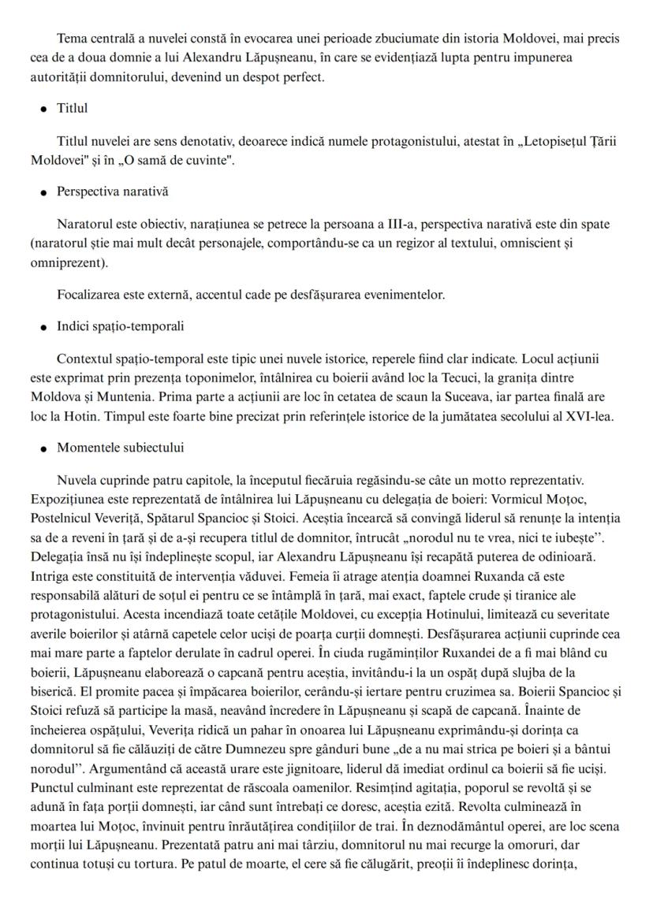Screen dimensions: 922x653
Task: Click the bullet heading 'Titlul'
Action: [73, 108]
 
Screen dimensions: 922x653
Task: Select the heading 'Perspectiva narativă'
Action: [112, 191]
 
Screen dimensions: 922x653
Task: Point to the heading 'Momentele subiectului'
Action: [120, 448]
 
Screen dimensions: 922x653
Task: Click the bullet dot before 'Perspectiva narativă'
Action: [43, 192]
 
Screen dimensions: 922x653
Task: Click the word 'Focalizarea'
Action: [88, 296]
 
